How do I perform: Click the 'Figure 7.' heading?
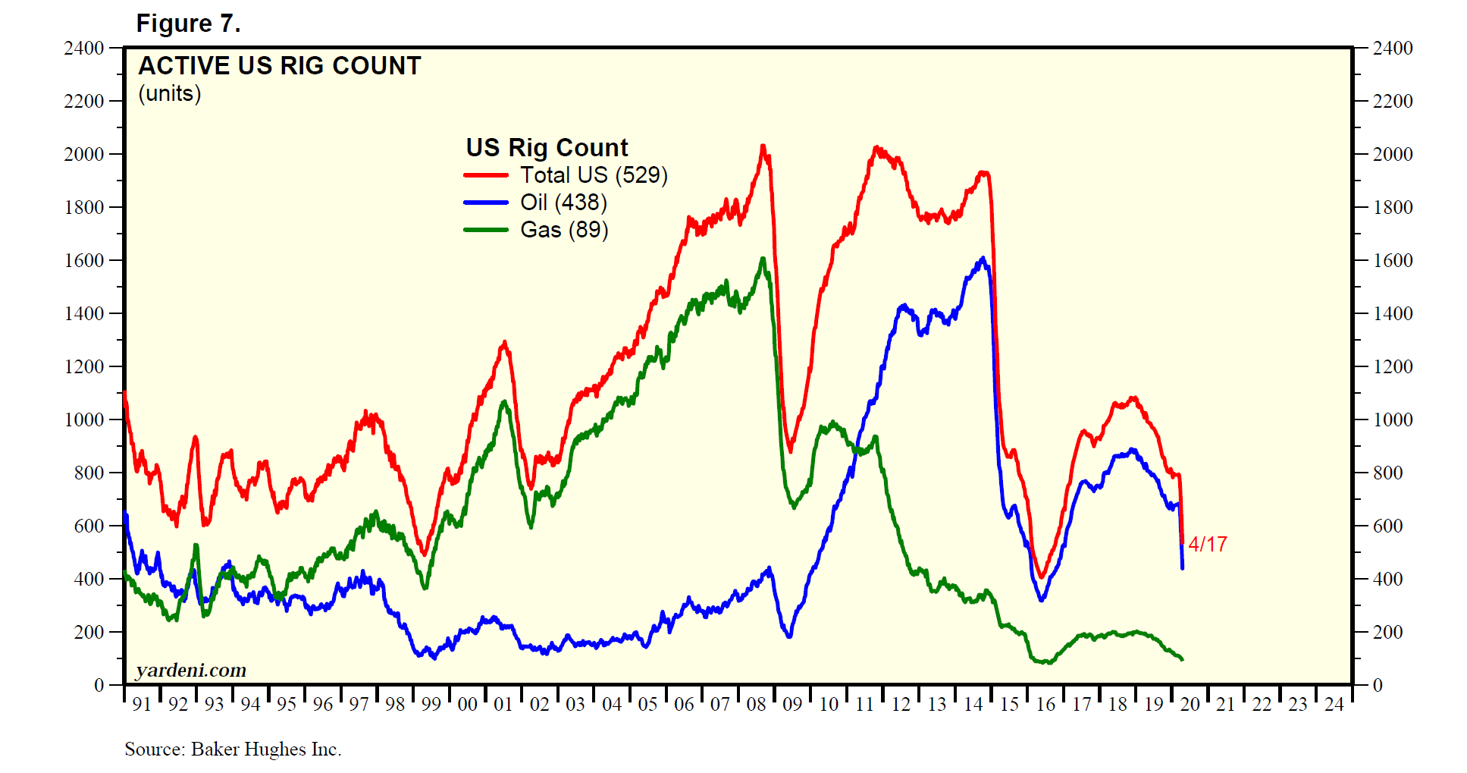point(188,24)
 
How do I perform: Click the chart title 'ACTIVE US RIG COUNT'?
point(279,66)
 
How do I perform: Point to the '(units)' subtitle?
point(170,94)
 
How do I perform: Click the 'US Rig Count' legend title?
point(547,147)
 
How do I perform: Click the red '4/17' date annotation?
point(1207,544)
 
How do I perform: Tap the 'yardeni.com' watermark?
point(191,671)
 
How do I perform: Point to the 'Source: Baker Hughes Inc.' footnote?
point(233,749)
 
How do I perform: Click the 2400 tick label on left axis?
point(84,48)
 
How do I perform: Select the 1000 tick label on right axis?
point(1393,419)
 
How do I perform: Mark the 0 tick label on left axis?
point(99,685)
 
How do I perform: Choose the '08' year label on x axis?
point(756,705)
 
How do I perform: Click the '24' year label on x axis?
point(1334,705)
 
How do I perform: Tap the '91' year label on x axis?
point(142,705)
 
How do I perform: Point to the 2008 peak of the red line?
point(763,146)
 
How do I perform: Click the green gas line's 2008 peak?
point(763,259)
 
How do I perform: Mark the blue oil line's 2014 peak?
point(983,259)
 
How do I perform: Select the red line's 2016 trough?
point(1042,577)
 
